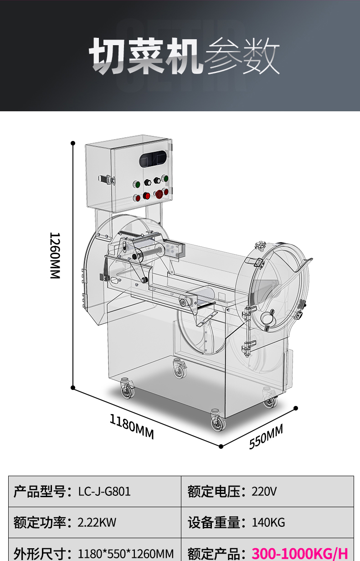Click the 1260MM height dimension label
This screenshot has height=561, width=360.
tap(55, 255)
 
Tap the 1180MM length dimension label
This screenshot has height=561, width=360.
tap(132, 426)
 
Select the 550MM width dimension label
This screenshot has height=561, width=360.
tap(266, 436)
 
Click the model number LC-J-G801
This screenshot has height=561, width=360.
tap(104, 491)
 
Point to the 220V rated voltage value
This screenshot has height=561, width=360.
tap(264, 491)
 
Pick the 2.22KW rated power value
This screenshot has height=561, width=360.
tap(97, 522)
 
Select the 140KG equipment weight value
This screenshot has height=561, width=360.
tap(268, 522)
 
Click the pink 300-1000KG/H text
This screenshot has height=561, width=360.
tap(299, 553)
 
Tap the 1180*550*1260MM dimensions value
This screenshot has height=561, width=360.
tap(126, 554)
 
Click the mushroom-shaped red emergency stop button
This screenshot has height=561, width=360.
tap(159, 194)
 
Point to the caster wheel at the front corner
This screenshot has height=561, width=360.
tap(218, 422)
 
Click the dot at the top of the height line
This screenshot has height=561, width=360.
tap(73, 143)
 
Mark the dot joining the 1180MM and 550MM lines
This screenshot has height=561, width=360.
tap(221, 446)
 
